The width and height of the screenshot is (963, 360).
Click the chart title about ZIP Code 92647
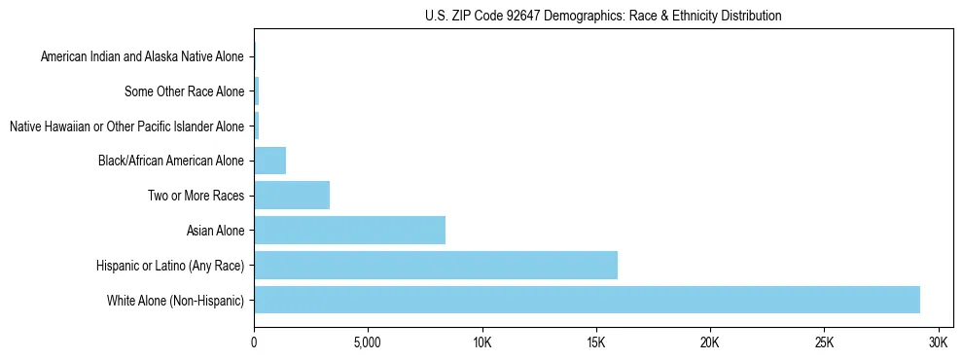tap(603, 16)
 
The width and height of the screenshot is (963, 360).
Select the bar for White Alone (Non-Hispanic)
tap(587, 300)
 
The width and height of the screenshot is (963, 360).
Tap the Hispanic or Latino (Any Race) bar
tap(436, 265)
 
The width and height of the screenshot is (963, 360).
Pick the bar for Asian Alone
tap(349, 231)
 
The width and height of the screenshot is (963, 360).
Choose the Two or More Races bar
tap(292, 196)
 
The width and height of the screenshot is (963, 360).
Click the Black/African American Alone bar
tap(269, 161)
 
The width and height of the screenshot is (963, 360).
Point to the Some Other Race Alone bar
tap(257, 91)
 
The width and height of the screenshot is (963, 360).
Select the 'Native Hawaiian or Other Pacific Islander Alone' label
tap(126, 126)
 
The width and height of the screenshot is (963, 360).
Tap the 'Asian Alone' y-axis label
tap(215, 231)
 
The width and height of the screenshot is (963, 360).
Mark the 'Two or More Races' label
tap(196, 196)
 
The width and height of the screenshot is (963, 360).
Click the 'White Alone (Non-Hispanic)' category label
tap(175, 300)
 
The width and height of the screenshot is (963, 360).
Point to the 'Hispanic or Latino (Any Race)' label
tap(170, 265)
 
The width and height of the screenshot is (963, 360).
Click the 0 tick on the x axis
tap(254, 343)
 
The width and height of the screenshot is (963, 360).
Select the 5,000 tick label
tap(368, 343)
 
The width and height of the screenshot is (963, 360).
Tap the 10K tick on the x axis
tap(482, 343)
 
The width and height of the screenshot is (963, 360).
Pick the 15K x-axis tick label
tap(596, 343)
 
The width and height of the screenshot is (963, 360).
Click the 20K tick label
tap(710, 343)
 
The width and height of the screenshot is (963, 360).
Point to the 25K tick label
tap(824, 343)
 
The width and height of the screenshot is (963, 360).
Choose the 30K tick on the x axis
tap(939, 343)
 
